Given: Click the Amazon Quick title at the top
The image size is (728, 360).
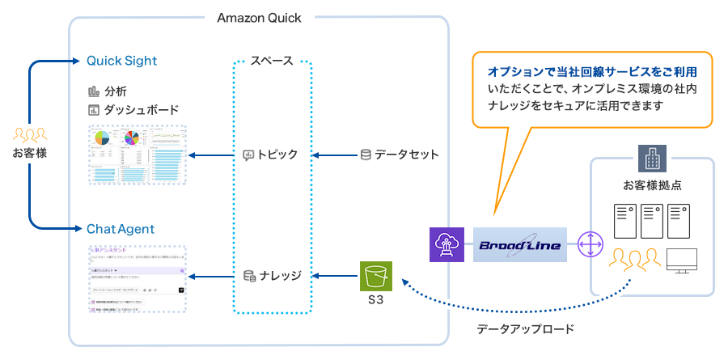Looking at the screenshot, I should (x=260, y=17).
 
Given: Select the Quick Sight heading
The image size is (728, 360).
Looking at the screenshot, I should (x=121, y=61).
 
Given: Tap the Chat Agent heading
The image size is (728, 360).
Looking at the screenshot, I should (x=121, y=229).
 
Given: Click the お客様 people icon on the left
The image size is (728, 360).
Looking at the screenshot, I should (x=30, y=133).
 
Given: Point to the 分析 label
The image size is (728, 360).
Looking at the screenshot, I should (x=116, y=91).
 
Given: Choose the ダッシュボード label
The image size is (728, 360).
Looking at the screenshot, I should (x=141, y=109).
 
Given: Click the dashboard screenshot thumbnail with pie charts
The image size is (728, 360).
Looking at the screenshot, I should (x=137, y=154).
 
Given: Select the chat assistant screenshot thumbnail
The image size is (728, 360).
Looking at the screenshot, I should (x=137, y=279).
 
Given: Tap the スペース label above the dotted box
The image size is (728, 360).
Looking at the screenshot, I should (x=272, y=61).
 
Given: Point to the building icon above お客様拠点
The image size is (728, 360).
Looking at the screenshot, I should (x=651, y=157).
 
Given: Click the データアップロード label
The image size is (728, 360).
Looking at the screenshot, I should (x=525, y=328).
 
